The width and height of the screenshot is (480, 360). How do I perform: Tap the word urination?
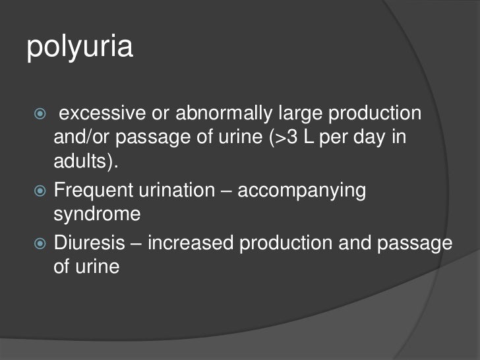pos(176,191)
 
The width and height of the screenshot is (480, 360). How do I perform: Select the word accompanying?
pos(301,191)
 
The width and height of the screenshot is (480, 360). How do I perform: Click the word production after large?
pos(371,113)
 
